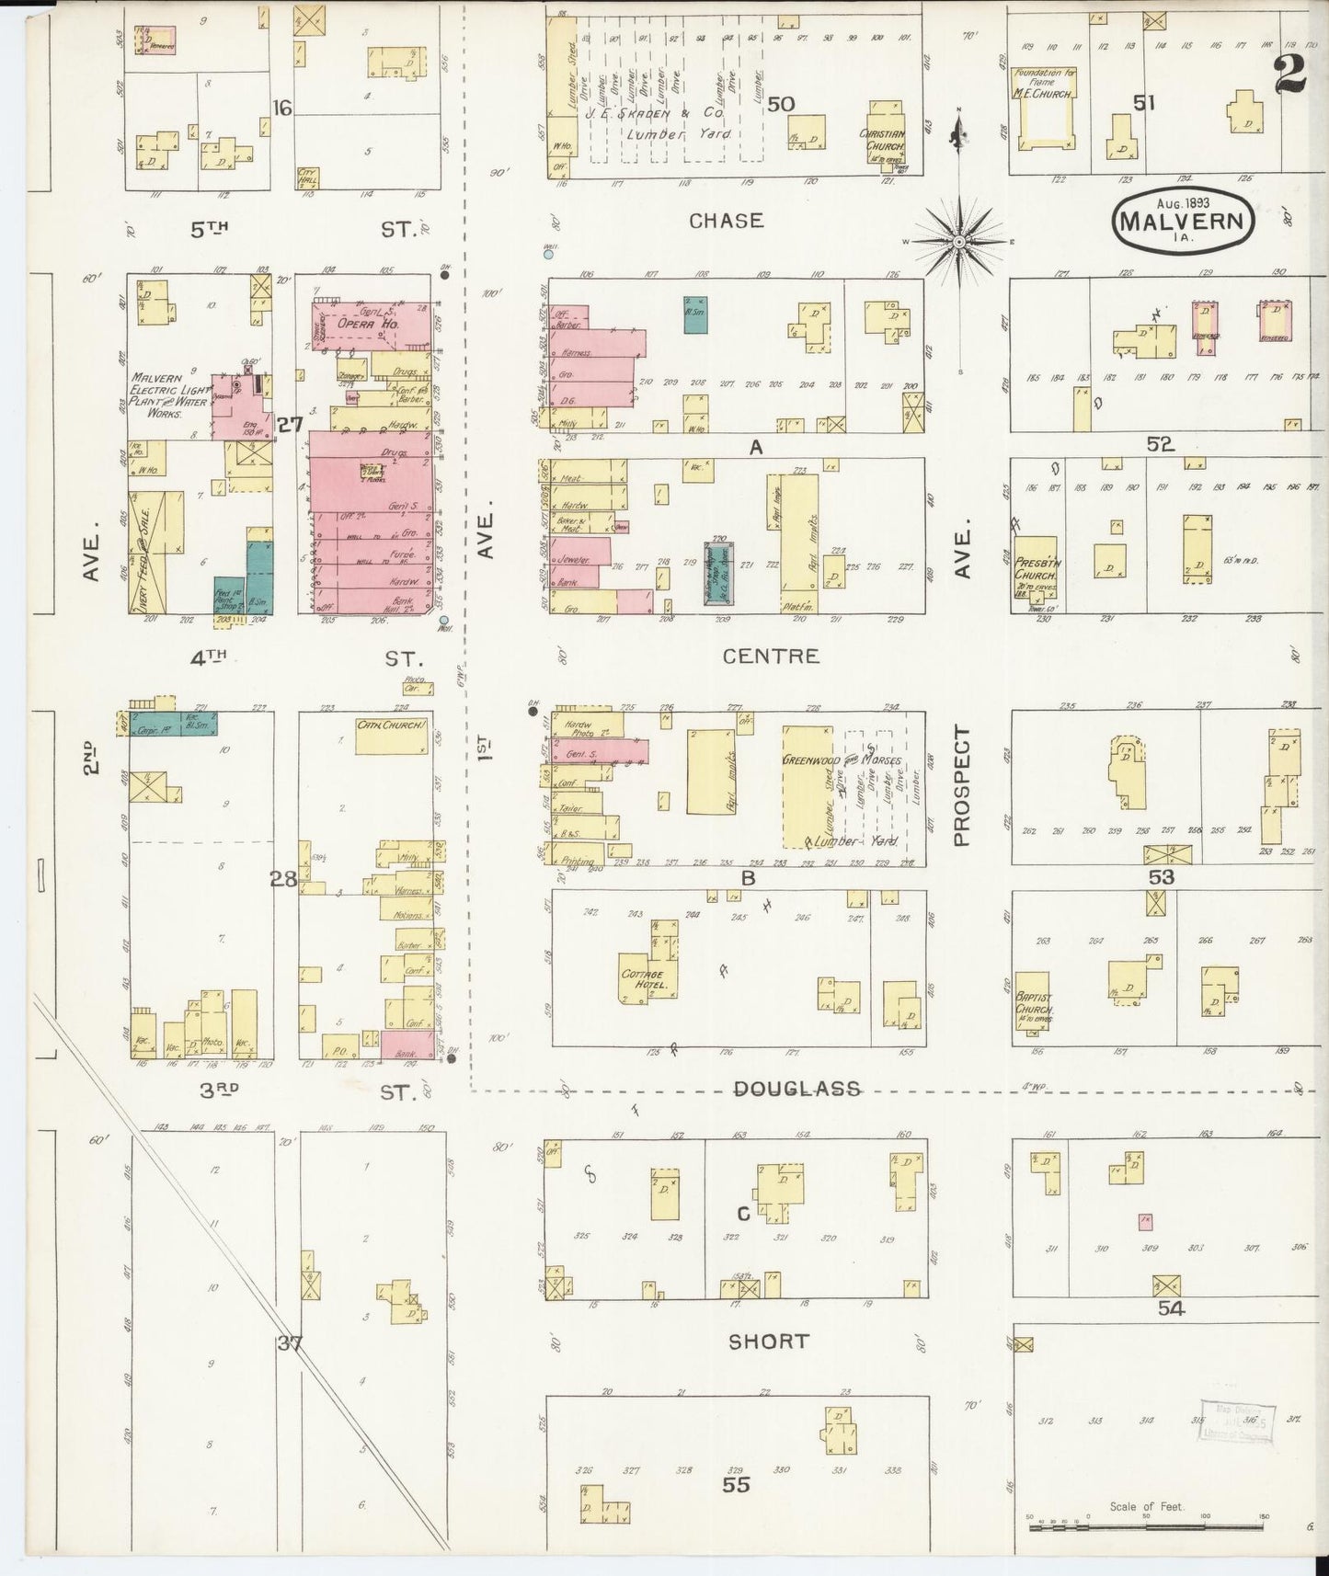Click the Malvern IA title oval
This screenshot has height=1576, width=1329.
(1184, 221)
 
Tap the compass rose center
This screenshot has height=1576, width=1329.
(958, 241)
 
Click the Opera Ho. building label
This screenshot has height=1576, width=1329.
(354, 324)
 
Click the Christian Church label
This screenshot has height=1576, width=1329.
(883, 140)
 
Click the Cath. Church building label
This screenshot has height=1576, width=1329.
(393, 725)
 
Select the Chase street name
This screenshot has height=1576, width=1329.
(726, 221)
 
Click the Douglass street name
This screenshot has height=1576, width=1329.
(797, 1089)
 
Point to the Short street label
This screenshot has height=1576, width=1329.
(768, 1342)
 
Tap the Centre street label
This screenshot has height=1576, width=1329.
(770, 656)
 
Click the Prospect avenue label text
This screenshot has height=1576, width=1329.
(962, 786)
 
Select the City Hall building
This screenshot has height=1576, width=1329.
(308, 178)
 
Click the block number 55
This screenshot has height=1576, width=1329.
(736, 1484)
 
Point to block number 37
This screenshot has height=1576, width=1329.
(291, 1343)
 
